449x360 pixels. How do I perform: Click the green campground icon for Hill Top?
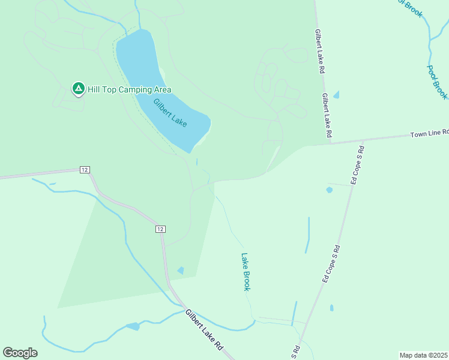(x=78, y=89)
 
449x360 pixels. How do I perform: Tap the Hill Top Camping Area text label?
(x=129, y=90)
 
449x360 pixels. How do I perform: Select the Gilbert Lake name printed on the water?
(x=170, y=113)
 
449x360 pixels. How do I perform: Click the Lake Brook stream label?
(x=246, y=272)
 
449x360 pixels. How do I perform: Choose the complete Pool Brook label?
(x=438, y=82)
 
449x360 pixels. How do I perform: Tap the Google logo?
(x=20, y=353)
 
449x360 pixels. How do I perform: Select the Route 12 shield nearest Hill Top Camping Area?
(x=85, y=170)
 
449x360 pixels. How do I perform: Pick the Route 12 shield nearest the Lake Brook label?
(x=160, y=229)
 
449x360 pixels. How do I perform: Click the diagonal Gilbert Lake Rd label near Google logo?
(x=204, y=330)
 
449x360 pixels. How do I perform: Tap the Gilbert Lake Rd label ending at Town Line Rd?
(x=327, y=116)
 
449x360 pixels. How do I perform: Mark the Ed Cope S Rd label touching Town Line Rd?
(x=355, y=164)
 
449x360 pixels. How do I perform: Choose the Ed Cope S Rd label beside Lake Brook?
(x=331, y=263)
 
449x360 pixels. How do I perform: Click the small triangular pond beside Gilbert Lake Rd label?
(x=336, y=95)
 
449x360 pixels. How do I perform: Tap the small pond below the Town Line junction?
(x=329, y=190)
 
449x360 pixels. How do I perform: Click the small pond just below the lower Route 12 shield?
(x=181, y=271)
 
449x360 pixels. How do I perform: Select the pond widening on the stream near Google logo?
(x=132, y=326)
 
